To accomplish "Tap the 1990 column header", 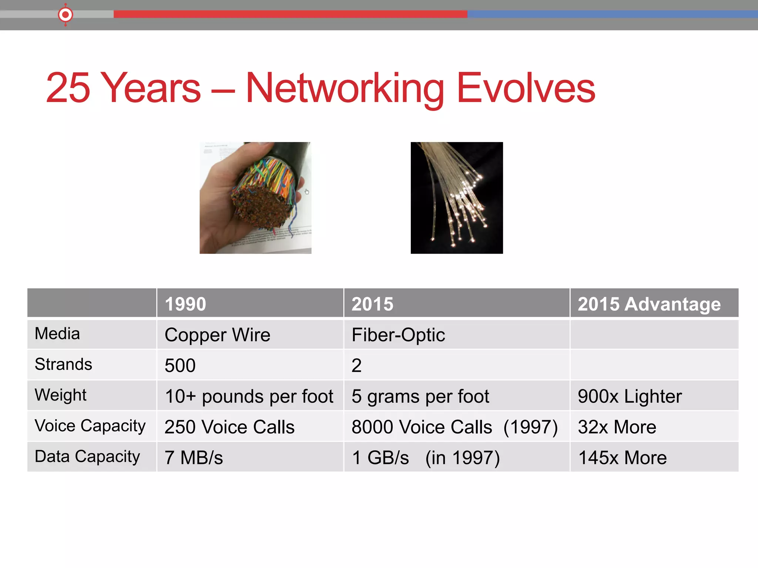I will [x=185, y=304].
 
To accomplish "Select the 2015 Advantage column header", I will [x=649, y=304].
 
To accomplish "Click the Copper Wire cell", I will [x=218, y=335].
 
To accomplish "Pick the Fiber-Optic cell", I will [x=398, y=335].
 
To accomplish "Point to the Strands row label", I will [x=63, y=365].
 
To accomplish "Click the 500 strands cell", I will [x=180, y=366].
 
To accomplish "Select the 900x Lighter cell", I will [x=630, y=396].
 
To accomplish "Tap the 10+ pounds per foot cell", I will [x=249, y=396].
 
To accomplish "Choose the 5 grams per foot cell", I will [x=420, y=396].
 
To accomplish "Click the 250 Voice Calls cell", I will [x=229, y=427].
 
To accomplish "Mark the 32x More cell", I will [x=617, y=427].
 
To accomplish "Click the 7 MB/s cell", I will [x=194, y=458].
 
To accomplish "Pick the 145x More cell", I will [x=622, y=458].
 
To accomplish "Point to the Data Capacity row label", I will [x=87, y=457].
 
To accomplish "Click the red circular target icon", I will [x=66, y=15].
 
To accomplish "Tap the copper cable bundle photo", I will [x=255, y=198].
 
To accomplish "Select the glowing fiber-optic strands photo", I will [x=457, y=198].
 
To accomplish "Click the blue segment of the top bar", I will [x=611, y=14].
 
